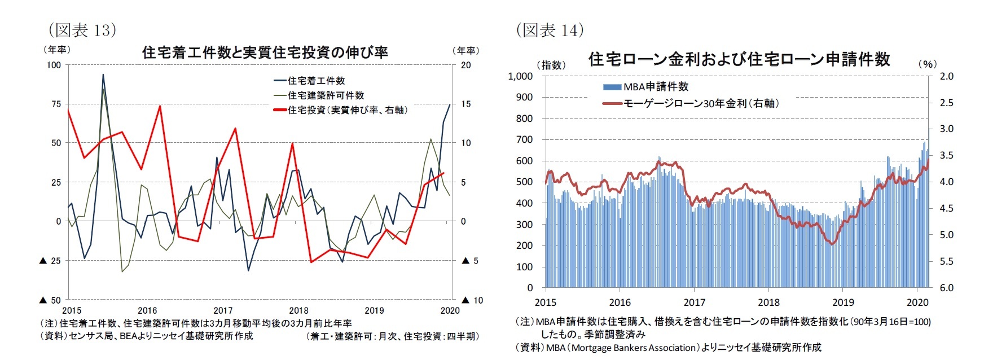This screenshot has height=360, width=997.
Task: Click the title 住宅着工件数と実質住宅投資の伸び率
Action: (x=265, y=52)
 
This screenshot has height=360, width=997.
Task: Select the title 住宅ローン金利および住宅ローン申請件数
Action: (x=739, y=59)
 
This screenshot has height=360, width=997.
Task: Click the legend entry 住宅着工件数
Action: (x=316, y=81)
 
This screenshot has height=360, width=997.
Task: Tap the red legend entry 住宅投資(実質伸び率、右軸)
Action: (x=347, y=110)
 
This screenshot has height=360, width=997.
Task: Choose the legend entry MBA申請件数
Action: (x=656, y=86)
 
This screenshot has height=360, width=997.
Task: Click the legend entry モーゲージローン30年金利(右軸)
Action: (x=700, y=103)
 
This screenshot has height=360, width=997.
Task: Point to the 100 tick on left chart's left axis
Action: (x=54, y=65)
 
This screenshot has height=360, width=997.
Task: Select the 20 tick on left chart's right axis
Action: (x=465, y=65)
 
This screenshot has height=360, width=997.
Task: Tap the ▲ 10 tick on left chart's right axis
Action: (x=472, y=300)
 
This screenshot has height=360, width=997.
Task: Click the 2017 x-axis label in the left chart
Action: (x=223, y=310)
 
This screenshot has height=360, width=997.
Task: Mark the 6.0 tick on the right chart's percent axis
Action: (x=946, y=288)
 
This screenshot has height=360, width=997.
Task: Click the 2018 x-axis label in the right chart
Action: (x=768, y=302)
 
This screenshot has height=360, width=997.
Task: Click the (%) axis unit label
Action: (x=927, y=64)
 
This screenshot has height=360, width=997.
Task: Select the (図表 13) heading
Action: (x=82, y=29)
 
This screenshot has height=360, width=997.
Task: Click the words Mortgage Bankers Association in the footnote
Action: (x=635, y=348)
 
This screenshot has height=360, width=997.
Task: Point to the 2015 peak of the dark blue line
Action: (x=103, y=74)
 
